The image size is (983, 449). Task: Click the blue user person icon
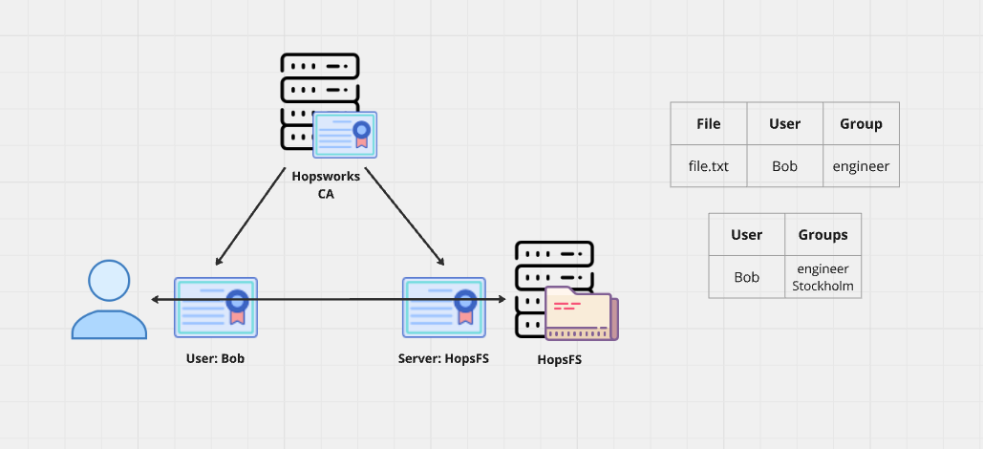109,300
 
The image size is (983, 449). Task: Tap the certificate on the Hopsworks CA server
345,135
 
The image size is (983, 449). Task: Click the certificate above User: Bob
215,307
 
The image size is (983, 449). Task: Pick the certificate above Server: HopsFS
443,307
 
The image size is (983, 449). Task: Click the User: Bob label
215,360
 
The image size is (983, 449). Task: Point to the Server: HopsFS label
443,360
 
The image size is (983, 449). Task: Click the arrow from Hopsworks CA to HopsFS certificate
404,217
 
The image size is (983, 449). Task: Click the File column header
708,123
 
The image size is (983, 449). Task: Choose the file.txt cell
708,166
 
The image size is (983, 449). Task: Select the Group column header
861,123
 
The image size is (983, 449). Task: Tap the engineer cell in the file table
861,166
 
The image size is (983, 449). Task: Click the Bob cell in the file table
784,166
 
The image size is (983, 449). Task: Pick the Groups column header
823,234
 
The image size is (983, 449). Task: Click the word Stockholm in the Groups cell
823,286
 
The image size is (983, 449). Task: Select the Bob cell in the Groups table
746,277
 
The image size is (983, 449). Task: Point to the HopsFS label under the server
559,360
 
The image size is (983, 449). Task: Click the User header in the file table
784,123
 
